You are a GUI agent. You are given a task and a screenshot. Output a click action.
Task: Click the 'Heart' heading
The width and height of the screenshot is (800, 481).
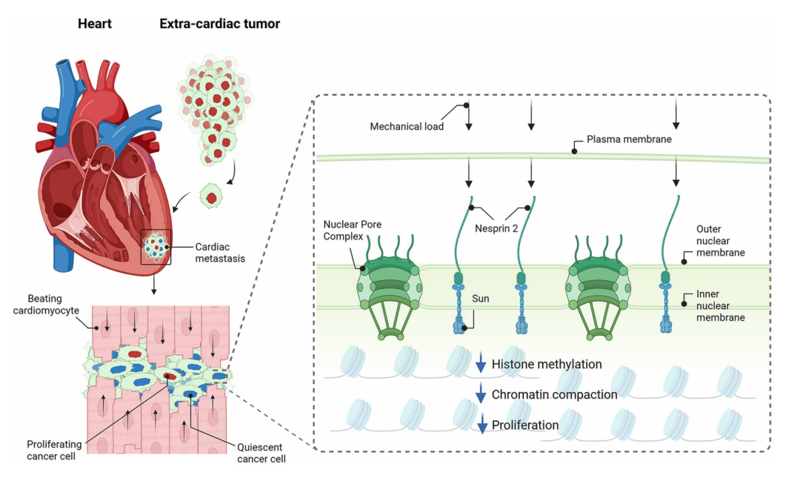tap(95, 24)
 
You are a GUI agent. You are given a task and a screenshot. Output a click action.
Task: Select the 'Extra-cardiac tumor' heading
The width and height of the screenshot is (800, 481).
tap(220, 24)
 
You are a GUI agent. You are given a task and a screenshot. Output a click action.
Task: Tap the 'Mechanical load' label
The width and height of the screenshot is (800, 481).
tap(407, 127)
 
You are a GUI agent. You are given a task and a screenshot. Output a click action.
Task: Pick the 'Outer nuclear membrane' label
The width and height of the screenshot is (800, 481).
tap(720, 241)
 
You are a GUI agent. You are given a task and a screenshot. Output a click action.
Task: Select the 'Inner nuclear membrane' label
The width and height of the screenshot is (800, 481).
tap(720, 305)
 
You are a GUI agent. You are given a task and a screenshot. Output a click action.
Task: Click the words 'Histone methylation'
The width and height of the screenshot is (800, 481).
tap(547, 364)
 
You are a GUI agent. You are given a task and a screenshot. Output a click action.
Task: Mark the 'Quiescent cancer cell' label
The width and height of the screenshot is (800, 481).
tap(261, 453)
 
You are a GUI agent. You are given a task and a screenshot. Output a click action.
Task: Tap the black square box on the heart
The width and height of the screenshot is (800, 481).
tap(156, 247)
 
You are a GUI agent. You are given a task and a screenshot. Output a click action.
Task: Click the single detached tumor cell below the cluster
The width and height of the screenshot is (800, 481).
tap(213, 198)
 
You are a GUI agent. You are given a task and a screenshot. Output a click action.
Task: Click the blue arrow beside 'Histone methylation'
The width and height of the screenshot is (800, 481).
tap(481, 364)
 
